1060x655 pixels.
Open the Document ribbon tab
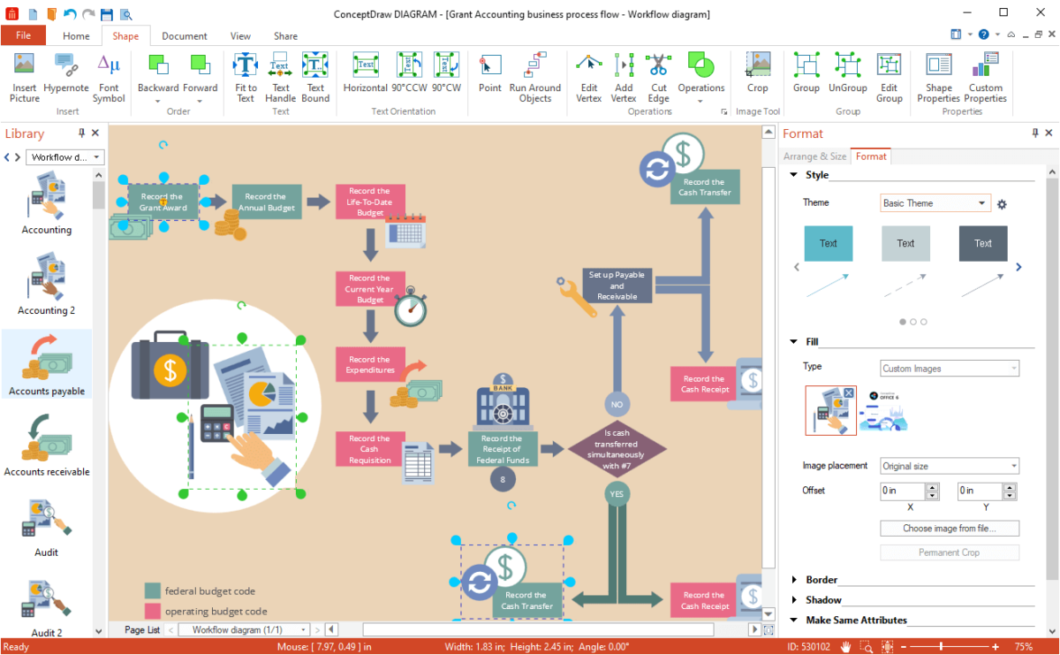(x=184, y=36)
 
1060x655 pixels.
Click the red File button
(x=23, y=35)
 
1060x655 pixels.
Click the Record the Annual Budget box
(x=267, y=202)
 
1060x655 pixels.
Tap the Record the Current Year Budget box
(x=370, y=288)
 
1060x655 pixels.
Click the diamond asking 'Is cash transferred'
(x=617, y=448)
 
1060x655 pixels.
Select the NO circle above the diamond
(x=617, y=404)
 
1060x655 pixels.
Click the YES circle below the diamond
(x=617, y=493)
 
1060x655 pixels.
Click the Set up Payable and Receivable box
(x=617, y=286)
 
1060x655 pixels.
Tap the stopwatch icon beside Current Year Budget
(x=411, y=307)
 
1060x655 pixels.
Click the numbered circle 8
(x=503, y=479)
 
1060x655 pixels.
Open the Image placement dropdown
(x=950, y=466)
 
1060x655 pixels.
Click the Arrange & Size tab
(x=814, y=156)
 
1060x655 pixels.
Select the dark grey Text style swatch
(x=983, y=243)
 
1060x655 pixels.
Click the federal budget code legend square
(x=152, y=590)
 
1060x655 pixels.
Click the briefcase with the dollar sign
(x=170, y=365)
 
